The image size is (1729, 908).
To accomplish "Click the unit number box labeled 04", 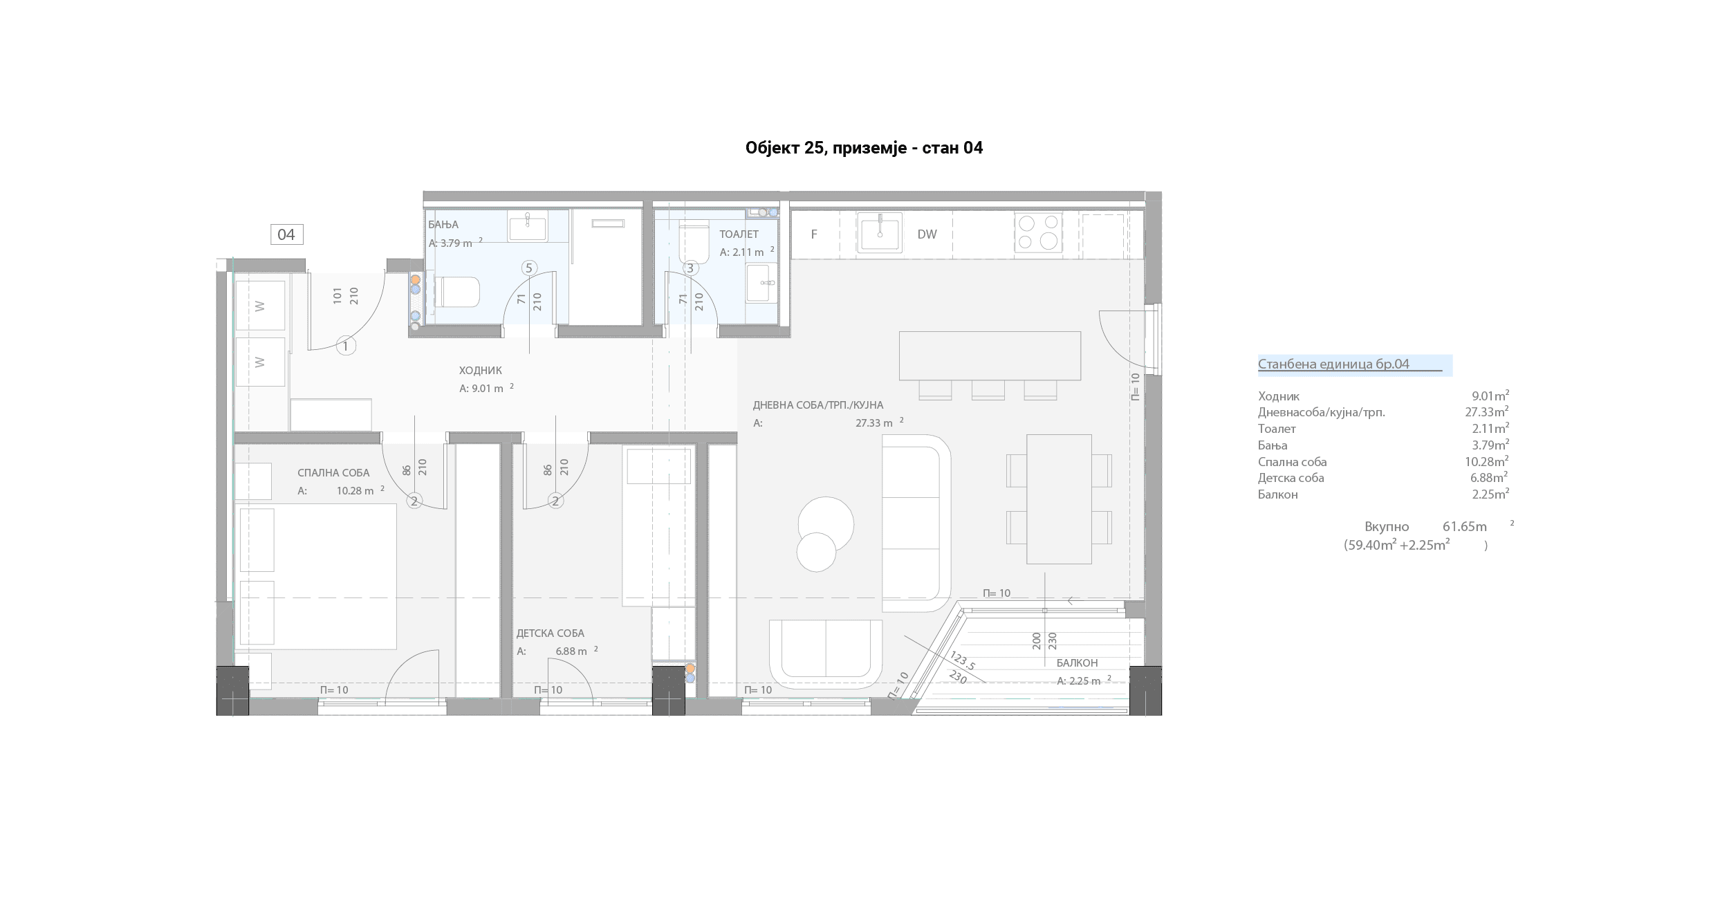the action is click(286, 234).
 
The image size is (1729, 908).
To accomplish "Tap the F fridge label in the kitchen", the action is click(814, 234).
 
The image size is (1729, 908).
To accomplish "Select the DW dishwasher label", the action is click(927, 234).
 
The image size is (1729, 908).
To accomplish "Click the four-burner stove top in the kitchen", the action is click(1038, 232).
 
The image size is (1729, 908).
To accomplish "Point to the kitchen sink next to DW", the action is click(880, 233).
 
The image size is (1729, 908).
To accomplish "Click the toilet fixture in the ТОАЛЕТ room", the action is click(694, 241).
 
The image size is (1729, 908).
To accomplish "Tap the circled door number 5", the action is click(529, 268).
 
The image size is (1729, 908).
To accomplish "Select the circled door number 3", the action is click(690, 268).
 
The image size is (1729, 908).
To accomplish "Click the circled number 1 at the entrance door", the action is click(346, 346).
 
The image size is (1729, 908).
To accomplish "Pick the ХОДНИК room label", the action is click(481, 371).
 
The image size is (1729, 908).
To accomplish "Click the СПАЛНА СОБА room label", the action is click(333, 473).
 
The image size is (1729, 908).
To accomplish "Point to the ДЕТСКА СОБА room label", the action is click(551, 633).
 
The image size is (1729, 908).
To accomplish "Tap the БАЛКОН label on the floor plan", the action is click(1077, 663).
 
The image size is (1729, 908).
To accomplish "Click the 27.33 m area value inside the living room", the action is click(874, 423).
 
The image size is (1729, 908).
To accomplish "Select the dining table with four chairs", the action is click(1059, 499).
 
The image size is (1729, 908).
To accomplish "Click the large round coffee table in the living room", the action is click(826, 524).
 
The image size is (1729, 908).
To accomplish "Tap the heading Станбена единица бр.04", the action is click(1333, 364).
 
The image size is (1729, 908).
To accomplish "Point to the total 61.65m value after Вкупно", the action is click(1465, 527).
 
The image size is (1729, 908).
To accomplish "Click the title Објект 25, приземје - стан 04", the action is click(864, 148).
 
